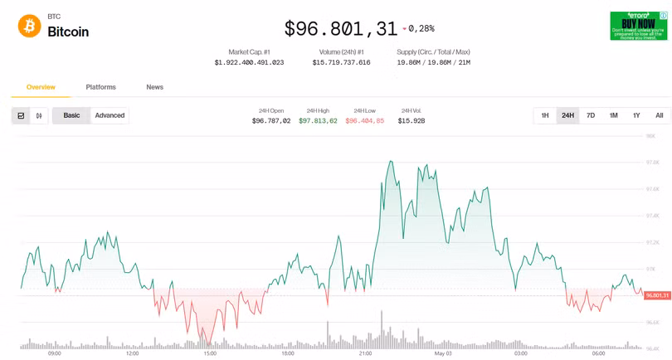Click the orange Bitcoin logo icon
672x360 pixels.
[29, 26]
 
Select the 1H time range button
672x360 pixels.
[545, 115]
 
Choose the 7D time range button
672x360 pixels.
[591, 115]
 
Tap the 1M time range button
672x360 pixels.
[613, 115]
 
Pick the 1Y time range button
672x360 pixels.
[636, 115]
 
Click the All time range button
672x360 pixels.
[660, 115]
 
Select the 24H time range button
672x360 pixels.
[567, 115]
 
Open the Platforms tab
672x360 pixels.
[100, 87]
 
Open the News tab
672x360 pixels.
[154, 87]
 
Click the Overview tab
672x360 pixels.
[41, 87]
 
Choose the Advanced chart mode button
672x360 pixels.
[110, 115]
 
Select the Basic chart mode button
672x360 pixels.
[72, 115]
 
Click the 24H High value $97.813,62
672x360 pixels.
[318, 121]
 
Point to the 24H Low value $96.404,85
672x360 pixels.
[365, 121]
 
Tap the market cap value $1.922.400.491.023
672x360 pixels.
[249, 62]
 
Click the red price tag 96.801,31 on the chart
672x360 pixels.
[656, 295]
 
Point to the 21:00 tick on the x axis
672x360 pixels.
[365, 353]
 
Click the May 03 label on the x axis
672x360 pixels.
[443, 353]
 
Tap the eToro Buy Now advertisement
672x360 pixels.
[639, 26]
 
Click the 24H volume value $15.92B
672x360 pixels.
[411, 121]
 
